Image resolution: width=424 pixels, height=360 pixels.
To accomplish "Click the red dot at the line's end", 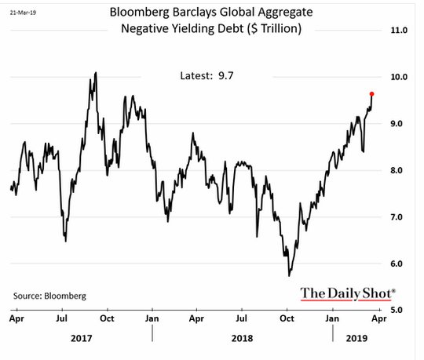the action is pyautogui.click(x=372, y=94).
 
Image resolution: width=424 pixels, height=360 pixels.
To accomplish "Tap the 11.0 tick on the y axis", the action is pyautogui.click(x=399, y=30).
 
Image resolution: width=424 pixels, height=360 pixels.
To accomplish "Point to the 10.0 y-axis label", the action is pyautogui.click(x=399, y=77).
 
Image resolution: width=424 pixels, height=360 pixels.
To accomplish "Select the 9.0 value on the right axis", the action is pyautogui.click(x=397, y=124).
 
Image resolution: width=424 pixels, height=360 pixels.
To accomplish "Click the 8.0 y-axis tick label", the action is pyautogui.click(x=397, y=170).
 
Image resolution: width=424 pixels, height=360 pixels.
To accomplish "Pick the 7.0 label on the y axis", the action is pyautogui.click(x=397, y=217).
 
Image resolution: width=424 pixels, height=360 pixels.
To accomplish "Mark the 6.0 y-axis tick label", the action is pyautogui.click(x=397, y=264).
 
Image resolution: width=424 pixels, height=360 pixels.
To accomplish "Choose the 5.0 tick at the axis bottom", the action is pyautogui.click(x=397, y=310).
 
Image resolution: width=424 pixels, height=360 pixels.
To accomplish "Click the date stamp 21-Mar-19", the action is pyautogui.click(x=23, y=13).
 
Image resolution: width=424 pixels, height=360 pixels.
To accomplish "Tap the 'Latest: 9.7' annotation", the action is pyautogui.click(x=207, y=76).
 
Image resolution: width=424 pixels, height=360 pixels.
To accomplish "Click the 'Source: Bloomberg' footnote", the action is pyautogui.click(x=49, y=296).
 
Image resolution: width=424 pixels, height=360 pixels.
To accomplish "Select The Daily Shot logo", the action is pyautogui.click(x=348, y=294).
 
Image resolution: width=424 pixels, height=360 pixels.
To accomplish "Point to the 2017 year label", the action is pyautogui.click(x=82, y=338).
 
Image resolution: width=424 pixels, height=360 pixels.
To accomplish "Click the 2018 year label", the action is pyautogui.click(x=243, y=338).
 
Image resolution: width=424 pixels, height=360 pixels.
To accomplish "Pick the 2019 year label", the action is pyautogui.click(x=356, y=338).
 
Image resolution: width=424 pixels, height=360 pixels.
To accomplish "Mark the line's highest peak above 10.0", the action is pyautogui.click(x=96, y=72).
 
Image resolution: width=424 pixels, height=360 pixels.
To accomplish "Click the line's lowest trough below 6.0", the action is pyautogui.click(x=289, y=276).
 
